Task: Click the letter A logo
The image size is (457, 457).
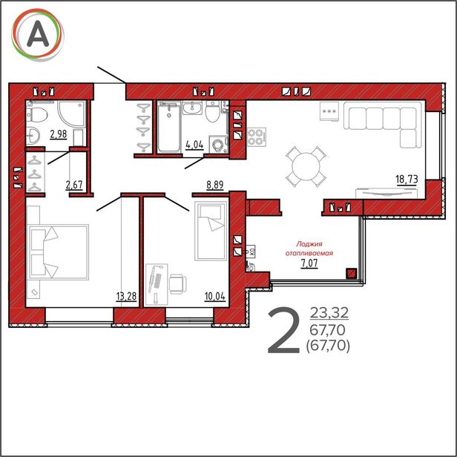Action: [x=38, y=35]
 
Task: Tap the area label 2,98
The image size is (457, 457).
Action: [x=59, y=134]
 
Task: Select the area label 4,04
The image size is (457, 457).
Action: [x=194, y=145]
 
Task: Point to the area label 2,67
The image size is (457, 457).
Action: [x=74, y=185]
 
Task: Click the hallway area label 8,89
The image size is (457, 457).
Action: [x=215, y=185]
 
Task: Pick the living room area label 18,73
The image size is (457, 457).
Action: [x=407, y=180]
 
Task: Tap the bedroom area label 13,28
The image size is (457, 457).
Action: [x=126, y=297]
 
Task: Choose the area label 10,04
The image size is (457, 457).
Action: [x=215, y=297]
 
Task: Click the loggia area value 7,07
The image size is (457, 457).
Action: [x=309, y=263]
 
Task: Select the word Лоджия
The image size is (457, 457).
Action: [x=309, y=244]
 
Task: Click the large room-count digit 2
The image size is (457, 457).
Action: [x=283, y=331]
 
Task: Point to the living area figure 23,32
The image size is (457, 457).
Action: [x=329, y=313]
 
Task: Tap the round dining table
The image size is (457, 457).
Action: [x=306, y=167]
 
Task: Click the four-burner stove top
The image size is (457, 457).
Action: [x=257, y=137]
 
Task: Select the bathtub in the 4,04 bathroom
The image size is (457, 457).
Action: [x=168, y=127]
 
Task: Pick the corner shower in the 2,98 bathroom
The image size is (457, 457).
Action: [x=72, y=114]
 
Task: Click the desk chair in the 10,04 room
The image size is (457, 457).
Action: [x=178, y=284]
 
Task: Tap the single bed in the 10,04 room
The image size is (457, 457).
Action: [x=211, y=231]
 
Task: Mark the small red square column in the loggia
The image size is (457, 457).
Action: [x=352, y=274]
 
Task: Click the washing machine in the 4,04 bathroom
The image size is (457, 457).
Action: [x=218, y=144]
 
